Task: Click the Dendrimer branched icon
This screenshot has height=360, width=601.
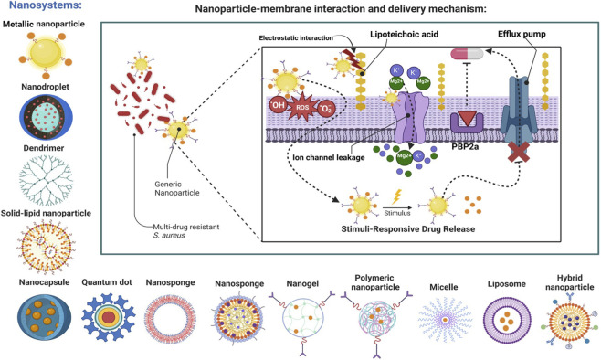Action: (x=46, y=180)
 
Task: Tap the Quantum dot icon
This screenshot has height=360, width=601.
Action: (x=109, y=317)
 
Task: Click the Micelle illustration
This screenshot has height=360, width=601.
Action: (x=445, y=320)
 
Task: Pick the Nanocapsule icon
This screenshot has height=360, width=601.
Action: (x=44, y=317)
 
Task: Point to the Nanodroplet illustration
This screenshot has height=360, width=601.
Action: (x=46, y=117)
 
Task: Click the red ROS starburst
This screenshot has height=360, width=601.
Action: (x=302, y=107)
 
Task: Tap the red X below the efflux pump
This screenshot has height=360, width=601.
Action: (x=519, y=152)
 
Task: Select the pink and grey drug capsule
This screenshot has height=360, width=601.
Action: (x=468, y=54)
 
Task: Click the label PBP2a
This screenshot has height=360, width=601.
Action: (x=465, y=146)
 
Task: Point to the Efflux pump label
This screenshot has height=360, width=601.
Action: (x=522, y=34)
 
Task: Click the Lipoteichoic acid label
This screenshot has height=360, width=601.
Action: (x=404, y=34)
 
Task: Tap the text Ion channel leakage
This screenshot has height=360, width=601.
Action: (x=329, y=157)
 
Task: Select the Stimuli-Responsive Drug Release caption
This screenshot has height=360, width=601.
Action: (x=407, y=228)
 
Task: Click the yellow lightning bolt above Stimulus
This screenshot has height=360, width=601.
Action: (x=396, y=196)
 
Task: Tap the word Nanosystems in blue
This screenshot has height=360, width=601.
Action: (x=46, y=5)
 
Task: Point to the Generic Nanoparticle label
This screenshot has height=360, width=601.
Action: (x=177, y=188)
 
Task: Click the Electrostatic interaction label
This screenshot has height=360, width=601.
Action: (x=296, y=38)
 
